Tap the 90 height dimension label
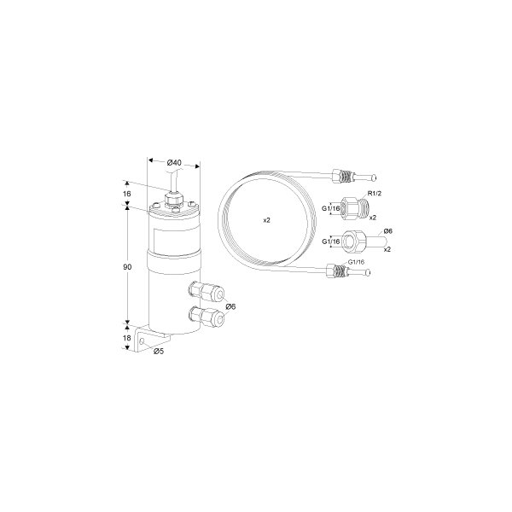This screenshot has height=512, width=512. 128,267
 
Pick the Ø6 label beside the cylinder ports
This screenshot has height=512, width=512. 231,306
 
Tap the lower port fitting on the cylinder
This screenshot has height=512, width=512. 210,318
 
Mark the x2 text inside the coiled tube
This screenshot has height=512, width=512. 266,220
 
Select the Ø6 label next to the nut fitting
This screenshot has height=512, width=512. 388,231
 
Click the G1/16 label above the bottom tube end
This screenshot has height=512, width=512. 356,261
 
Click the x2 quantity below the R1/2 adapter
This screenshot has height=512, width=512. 372,218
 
